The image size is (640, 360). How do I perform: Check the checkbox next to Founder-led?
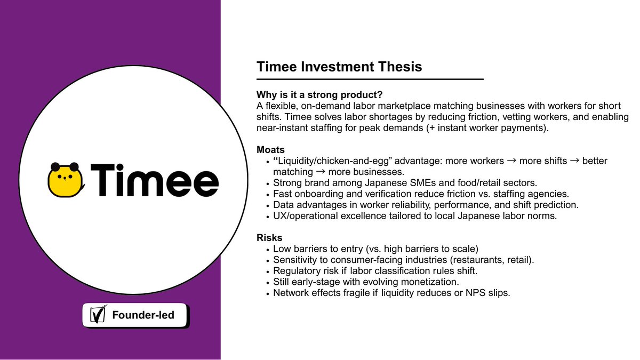(97, 315)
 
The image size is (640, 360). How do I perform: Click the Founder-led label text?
(143, 315)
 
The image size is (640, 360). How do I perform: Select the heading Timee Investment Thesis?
(339, 67)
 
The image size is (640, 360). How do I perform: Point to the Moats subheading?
(270, 150)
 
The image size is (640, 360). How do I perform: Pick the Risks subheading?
(269, 237)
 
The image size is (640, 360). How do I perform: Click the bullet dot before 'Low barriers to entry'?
(267, 250)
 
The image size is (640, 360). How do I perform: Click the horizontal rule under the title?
(370, 79)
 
